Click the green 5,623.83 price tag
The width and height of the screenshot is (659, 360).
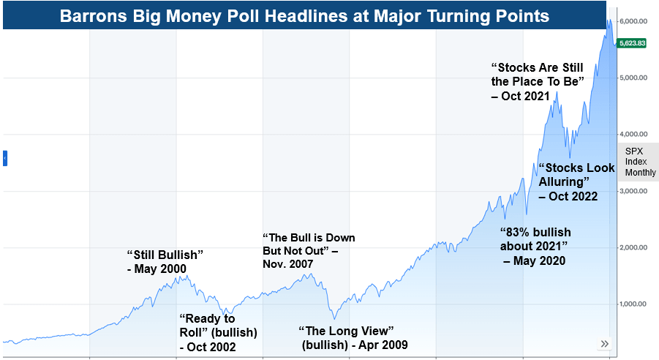tap(632, 43)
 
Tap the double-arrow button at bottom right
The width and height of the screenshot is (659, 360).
tap(605, 343)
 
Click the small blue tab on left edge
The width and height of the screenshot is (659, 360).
tap(5, 157)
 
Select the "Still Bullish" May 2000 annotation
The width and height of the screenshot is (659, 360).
tap(164, 261)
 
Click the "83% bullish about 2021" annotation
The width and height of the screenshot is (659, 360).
tap(535, 245)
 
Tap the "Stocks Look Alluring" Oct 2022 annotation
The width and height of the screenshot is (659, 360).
tap(576, 181)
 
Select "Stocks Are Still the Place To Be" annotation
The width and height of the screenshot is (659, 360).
tap(538, 81)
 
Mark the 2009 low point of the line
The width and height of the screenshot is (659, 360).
tap(334, 319)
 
